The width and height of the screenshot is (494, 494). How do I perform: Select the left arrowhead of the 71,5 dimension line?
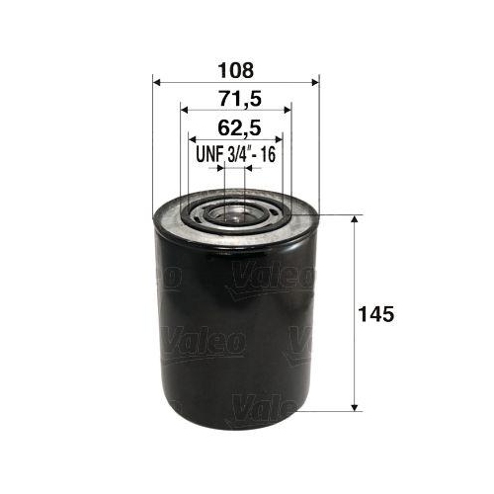click(x=185, y=111)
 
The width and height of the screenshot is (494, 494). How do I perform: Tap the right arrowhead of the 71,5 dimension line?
click(x=288, y=111)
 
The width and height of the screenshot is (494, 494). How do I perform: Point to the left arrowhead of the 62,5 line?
click(x=192, y=139)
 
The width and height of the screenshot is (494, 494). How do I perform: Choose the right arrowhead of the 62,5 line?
click(x=281, y=139)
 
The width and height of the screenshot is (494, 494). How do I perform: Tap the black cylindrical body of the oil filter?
click(x=235, y=326)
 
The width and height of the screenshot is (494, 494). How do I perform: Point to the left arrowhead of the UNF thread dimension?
click(x=220, y=168)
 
